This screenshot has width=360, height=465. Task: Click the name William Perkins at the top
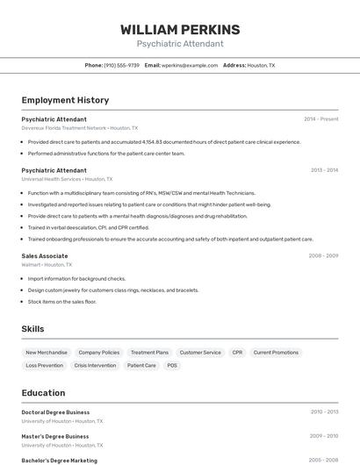pyautogui.click(x=180, y=30)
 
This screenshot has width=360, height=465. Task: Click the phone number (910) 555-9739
pyautogui.click(x=121, y=65)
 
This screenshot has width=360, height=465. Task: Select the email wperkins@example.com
pyautogui.click(x=190, y=65)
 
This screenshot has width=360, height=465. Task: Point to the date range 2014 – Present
pyautogui.click(x=320, y=118)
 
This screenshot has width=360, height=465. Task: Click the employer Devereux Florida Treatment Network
pyautogui.click(x=64, y=127)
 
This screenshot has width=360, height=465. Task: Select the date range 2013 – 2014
pyautogui.click(x=324, y=169)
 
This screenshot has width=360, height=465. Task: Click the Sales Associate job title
pyautogui.click(x=45, y=255)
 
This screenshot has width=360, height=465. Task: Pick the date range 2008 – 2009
pyautogui.click(x=323, y=255)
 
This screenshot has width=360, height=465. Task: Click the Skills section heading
pyautogui.click(x=33, y=329)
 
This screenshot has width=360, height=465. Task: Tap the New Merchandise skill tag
pyautogui.click(x=47, y=353)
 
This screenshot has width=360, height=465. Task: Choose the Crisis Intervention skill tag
pyautogui.click(x=95, y=365)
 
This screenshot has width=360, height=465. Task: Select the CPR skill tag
pyautogui.click(x=237, y=353)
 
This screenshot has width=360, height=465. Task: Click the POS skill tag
pyautogui.click(x=172, y=365)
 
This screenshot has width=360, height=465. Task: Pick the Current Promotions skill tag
pyautogui.click(x=276, y=353)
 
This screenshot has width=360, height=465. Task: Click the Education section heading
pyautogui.click(x=43, y=393)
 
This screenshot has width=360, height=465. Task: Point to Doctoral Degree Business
pyautogui.click(x=55, y=411)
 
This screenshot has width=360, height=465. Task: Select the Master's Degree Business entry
pyautogui.click(x=55, y=436)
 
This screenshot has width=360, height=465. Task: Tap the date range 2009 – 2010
pyautogui.click(x=323, y=436)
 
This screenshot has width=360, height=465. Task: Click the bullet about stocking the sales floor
pyautogui.click(x=61, y=301)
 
